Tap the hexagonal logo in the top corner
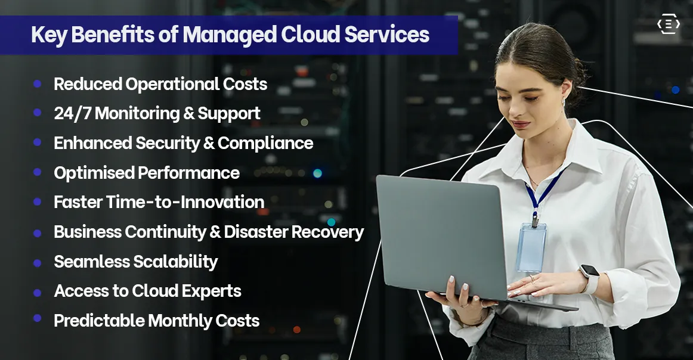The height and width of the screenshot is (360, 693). coord(668,24)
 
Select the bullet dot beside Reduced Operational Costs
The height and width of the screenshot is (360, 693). coord(38,84)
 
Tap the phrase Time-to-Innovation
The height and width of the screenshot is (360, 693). coord(185,203)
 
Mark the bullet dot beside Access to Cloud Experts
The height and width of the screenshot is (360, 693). coord(38,292)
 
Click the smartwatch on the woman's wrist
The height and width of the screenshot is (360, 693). coord(589,279)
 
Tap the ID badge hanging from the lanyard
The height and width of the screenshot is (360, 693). coord(531,247)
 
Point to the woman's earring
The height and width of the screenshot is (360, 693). coord(562,103)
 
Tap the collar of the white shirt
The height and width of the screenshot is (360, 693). coord(573,149)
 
